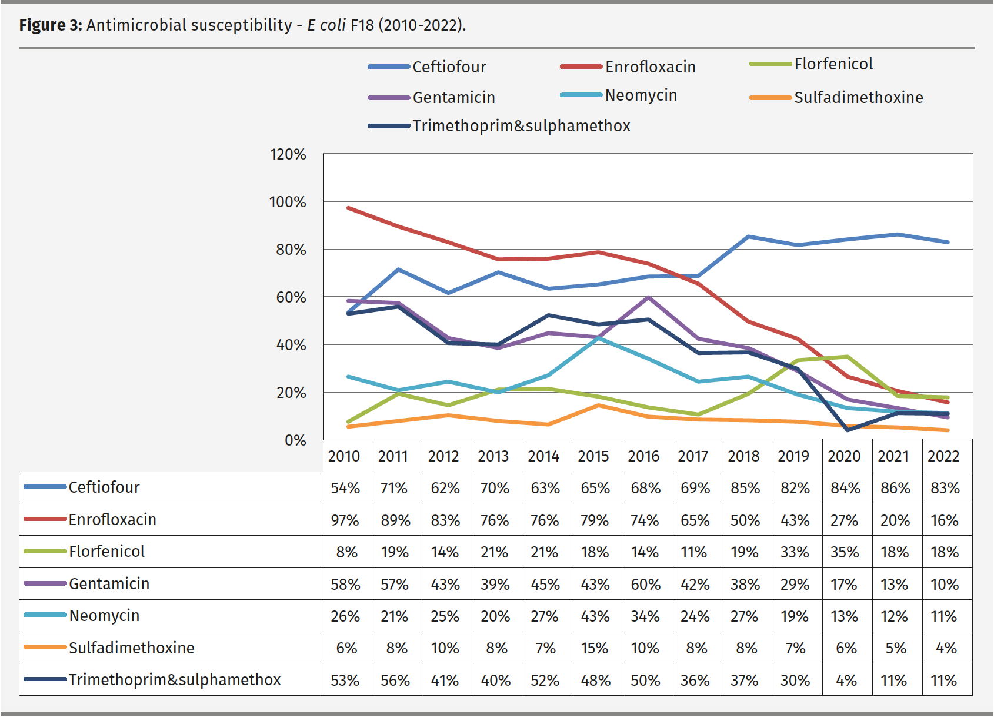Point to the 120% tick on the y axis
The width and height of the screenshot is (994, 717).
[288, 155]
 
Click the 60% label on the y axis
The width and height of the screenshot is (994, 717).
[291, 297]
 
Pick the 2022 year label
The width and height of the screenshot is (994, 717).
[943, 456]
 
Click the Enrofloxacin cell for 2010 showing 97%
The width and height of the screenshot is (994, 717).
[345, 520]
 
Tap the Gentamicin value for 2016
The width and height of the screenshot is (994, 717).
[645, 585]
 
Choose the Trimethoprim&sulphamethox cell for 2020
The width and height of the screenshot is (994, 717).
[846, 681]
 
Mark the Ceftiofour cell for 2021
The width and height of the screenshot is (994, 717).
[895, 488]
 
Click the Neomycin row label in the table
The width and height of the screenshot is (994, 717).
[104, 616]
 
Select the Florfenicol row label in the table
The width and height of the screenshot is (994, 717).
[106, 552]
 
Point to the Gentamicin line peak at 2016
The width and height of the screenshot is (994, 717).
[648, 297]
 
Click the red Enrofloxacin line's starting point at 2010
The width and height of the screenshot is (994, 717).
[348, 208]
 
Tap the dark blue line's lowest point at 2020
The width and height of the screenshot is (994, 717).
[848, 430]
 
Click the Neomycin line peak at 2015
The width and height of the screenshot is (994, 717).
[598, 338]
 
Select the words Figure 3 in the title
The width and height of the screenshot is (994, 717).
[50, 25]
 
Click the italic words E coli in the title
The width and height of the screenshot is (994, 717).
[326, 25]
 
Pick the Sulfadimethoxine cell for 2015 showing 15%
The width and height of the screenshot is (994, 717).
[594, 648]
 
